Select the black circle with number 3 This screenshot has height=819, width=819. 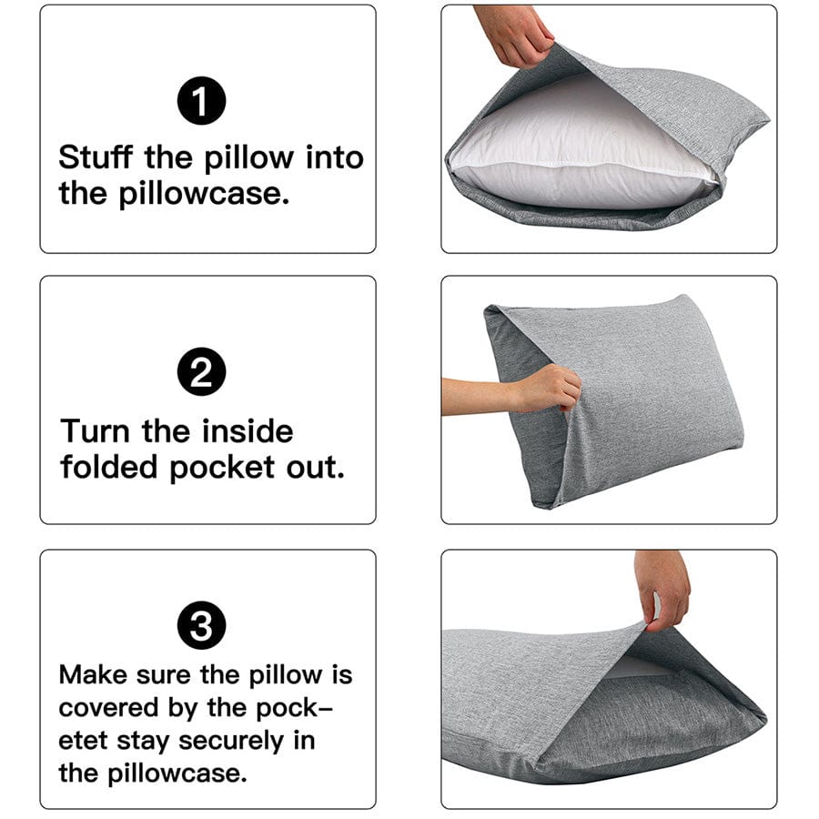[x=201, y=626]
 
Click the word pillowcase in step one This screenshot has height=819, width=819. [x=206, y=193]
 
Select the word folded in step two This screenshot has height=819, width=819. [x=110, y=467]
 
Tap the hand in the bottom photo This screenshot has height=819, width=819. [x=662, y=587]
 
